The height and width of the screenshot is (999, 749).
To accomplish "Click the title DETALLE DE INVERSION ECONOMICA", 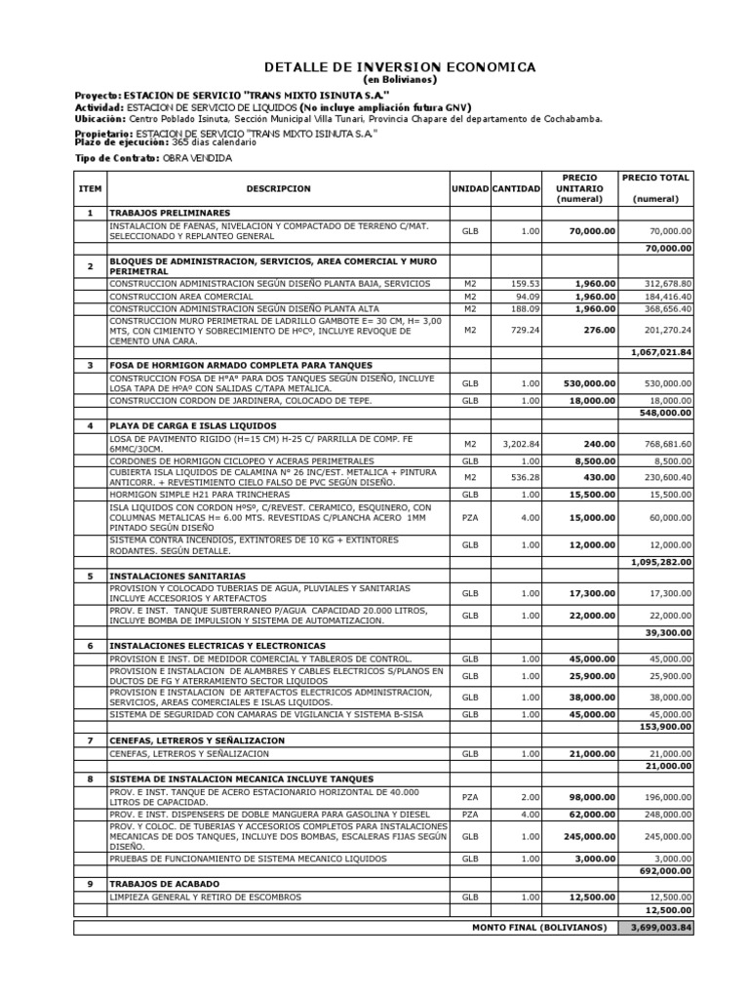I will [400, 67].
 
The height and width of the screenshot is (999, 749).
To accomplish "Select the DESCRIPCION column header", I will [278, 188].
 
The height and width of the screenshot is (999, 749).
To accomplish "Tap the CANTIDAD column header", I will [517, 188].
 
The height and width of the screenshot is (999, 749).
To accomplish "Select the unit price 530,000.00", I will [590, 383].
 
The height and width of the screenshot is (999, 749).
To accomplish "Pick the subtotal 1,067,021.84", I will [659, 351].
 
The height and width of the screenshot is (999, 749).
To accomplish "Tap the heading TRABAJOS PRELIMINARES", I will [170, 212].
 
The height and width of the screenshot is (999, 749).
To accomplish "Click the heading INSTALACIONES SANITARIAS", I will [177, 576].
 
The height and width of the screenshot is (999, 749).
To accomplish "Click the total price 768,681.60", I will [666, 445].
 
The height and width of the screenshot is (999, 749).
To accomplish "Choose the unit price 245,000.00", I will [590, 836].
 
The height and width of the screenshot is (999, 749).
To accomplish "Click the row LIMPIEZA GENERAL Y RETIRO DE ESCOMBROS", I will [205, 897].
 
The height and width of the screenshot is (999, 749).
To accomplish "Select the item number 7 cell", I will [90, 740].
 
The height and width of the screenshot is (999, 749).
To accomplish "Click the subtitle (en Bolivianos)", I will [400, 79].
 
